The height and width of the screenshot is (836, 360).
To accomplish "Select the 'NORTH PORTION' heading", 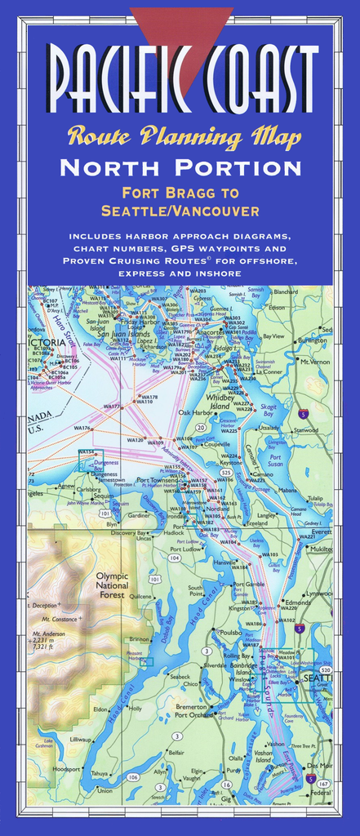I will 180,168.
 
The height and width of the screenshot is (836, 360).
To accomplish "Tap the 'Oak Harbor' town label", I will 196,413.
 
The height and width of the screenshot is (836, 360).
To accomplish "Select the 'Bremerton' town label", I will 192,707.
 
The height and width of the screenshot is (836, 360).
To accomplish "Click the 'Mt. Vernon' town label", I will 315,362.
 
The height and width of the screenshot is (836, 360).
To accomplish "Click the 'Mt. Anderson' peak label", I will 48,634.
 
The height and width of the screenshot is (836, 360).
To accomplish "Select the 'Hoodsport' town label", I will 67,769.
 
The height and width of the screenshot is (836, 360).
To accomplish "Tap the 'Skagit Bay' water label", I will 269,409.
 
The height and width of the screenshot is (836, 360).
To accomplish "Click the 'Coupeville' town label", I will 216,445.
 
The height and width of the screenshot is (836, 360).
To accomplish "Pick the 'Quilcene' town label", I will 141,596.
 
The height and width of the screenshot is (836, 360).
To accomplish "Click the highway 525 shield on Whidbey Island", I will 226,472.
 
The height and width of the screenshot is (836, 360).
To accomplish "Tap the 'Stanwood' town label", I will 307,429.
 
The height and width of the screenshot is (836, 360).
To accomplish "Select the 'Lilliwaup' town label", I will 81,739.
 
